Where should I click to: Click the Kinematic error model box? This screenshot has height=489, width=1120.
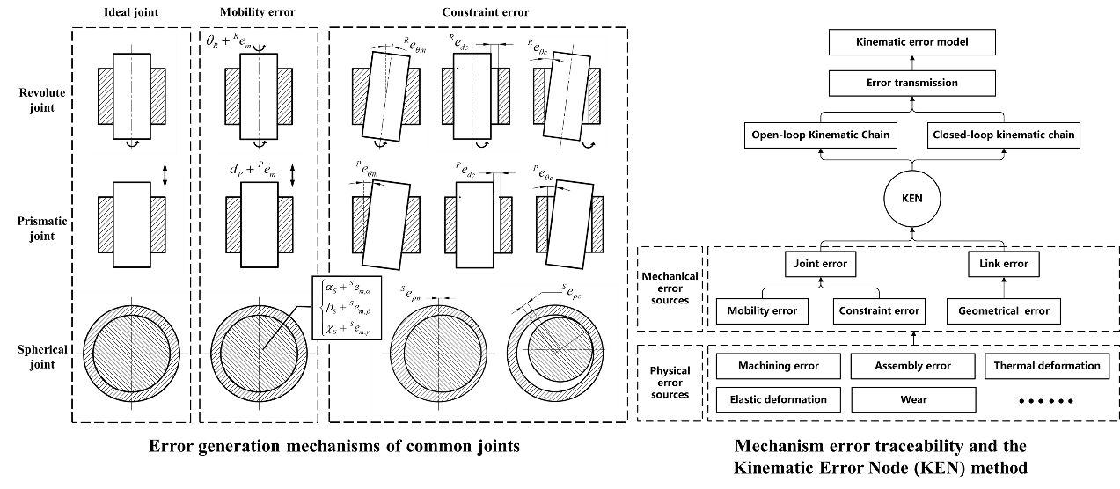coord(912,42)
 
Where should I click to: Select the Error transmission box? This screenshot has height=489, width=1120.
coord(912,83)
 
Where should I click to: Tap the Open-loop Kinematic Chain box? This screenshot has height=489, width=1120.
coord(819,135)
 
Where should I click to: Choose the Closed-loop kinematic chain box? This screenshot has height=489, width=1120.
coord(1003,135)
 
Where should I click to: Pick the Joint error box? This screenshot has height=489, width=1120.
coord(819,263)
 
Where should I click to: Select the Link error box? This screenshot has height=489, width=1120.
coord(1003,263)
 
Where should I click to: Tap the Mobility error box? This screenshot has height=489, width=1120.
coord(762,310)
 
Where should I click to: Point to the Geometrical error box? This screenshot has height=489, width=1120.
coord(1003,310)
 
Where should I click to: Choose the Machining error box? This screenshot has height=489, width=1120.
coord(778,366)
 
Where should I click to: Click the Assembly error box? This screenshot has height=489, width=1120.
coord(913,366)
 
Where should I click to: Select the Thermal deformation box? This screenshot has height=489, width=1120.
coord(1047,366)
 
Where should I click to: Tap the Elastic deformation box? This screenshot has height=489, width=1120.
coord(778,399)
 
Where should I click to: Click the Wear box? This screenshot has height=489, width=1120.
coord(913,399)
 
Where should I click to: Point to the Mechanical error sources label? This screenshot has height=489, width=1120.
coord(670,288)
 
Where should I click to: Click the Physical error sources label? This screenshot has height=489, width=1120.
coord(670,383)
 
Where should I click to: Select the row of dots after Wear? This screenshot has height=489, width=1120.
coord(1046,401)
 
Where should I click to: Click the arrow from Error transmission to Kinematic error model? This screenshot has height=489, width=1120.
coord(912,62)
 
